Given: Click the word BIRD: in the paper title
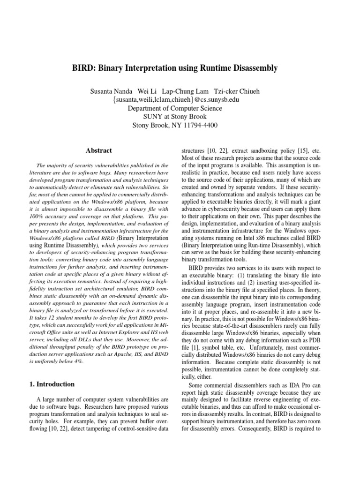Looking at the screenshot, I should click(95, 68).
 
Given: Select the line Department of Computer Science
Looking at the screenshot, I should click(180, 108).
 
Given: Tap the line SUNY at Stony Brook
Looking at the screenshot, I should click(180, 116).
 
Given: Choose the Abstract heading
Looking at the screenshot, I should click(99, 150).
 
